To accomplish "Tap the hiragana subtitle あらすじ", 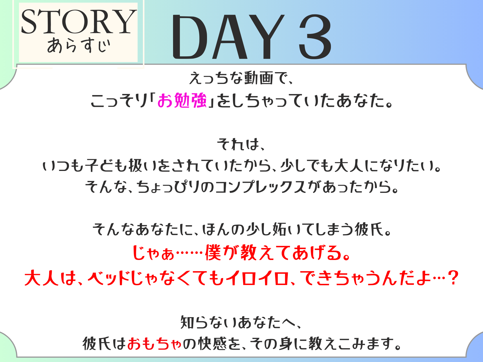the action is (78, 45).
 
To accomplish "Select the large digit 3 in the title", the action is (315, 37).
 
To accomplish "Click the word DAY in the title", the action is (228, 37).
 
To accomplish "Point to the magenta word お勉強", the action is (182, 101).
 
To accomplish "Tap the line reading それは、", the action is (241, 145).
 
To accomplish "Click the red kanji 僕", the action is (213, 253).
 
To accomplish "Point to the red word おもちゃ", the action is (154, 344).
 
